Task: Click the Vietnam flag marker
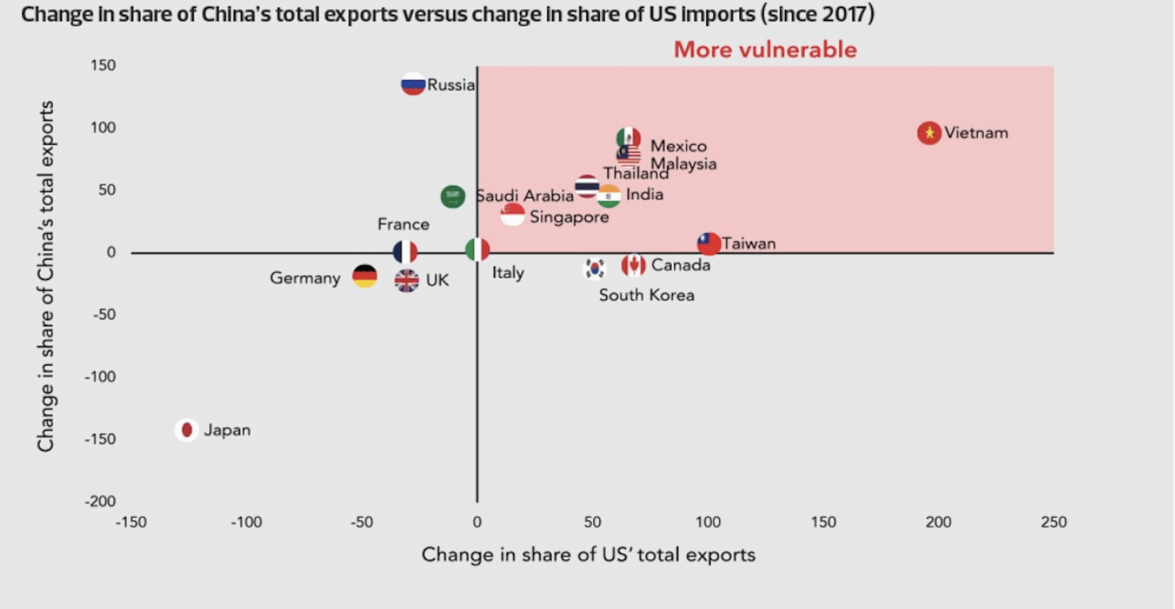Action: (929, 133)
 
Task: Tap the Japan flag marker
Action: (186, 430)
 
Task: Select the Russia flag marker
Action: (413, 85)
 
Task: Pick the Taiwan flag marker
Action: (709, 244)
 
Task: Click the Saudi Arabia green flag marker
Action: (453, 196)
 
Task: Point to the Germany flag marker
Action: (365, 276)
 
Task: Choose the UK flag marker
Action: (406, 280)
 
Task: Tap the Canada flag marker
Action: (633, 265)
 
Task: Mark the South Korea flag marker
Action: (594, 268)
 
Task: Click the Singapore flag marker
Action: (512, 215)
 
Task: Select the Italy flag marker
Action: (477, 249)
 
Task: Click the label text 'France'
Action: (403, 224)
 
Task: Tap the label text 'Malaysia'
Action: (683, 164)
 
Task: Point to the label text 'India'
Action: (645, 194)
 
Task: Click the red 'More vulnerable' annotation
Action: (765, 50)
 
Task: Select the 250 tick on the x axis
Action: (1053, 522)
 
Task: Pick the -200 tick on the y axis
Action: (100, 502)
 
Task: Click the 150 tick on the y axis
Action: (103, 65)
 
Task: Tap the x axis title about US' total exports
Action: (588, 555)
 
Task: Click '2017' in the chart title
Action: (843, 14)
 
